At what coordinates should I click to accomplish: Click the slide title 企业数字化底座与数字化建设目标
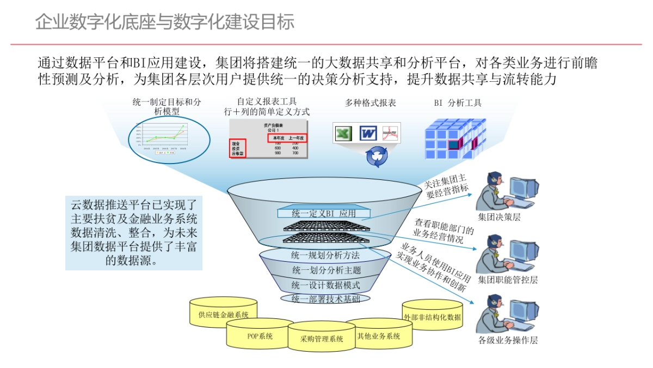(x=165, y=22)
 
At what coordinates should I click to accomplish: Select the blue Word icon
(x=368, y=133)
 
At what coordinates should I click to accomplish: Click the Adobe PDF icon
(x=390, y=133)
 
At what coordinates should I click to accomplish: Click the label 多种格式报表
(x=371, y=102)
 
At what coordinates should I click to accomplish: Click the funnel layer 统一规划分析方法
(x=325, y=255)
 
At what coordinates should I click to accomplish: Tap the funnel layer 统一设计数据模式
(x=325, y=285)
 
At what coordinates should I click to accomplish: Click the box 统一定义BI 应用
(x=323, y=213)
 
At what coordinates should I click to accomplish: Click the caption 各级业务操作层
(x=508, y=340)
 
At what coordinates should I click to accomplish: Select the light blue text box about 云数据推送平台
(x=134, y=233)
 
